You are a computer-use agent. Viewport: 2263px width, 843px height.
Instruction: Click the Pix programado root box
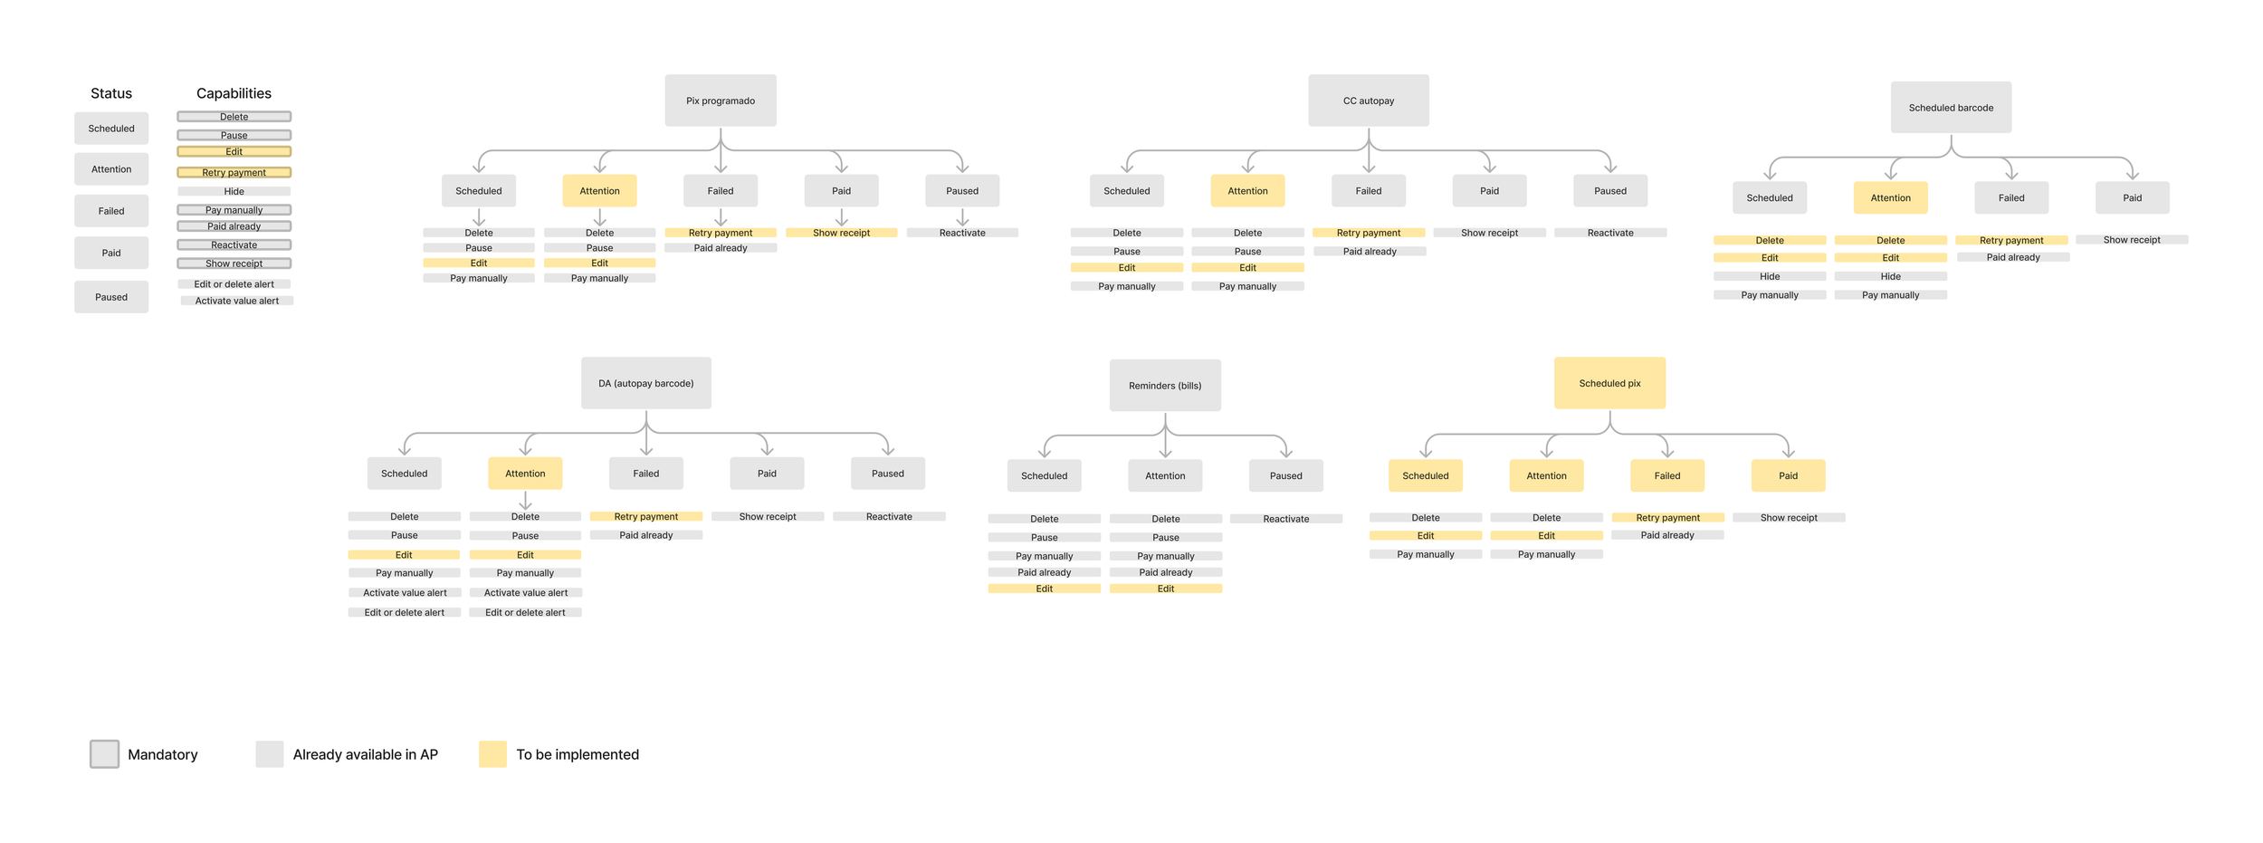720,101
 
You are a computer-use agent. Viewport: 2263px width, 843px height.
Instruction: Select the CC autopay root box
1368,101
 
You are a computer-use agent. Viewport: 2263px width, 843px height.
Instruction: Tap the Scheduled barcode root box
1950,108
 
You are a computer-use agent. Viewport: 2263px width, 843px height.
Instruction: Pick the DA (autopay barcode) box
645,383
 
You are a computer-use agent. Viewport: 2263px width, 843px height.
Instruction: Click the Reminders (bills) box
1164,386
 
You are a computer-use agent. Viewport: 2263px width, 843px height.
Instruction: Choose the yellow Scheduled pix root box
1609,383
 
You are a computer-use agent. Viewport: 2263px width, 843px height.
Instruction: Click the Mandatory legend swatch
104,754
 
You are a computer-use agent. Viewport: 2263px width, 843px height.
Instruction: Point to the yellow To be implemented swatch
492,754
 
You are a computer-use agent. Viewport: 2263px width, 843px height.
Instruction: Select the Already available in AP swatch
269,754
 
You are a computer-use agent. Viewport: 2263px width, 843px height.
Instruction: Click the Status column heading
111,93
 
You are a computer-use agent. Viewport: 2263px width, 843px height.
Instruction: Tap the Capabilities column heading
234,93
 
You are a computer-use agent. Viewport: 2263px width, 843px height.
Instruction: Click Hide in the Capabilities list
234,192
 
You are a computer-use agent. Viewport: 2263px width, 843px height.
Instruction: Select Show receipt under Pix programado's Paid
841,233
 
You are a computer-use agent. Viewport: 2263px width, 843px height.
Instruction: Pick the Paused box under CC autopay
1609,191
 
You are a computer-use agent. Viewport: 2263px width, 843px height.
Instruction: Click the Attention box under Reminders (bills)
1164,475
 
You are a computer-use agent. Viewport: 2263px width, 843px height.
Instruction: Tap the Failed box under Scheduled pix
1666,475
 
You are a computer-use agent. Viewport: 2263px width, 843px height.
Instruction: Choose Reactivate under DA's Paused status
888,517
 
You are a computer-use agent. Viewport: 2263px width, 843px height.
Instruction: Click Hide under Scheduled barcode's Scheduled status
1769,277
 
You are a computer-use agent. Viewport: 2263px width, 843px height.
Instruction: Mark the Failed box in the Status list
111,211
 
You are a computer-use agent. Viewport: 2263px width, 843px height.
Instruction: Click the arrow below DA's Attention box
525,501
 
